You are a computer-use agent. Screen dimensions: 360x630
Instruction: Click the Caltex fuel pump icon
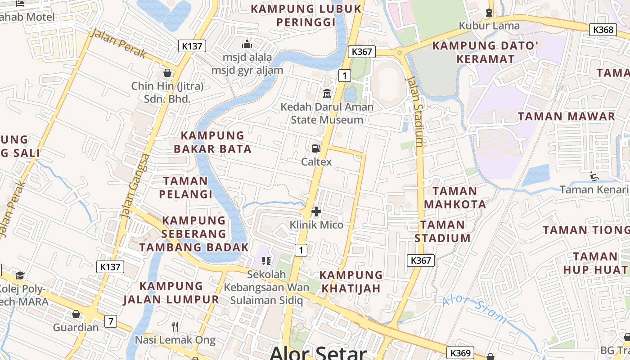(x=316, y=148)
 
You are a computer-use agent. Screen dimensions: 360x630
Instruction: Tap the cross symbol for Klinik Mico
(x=316, y=211)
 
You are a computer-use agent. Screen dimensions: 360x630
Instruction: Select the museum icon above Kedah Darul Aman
(x=327, y=94)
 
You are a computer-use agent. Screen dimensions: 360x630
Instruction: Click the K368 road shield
(x=603, y=30)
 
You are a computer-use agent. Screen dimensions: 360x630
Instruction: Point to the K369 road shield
(x=460, y=353)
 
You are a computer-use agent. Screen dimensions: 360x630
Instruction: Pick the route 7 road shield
(x=111, y=321)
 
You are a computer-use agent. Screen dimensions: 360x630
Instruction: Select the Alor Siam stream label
(x=474, y=310)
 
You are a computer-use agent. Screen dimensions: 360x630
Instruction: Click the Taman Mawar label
(x=566, y=117)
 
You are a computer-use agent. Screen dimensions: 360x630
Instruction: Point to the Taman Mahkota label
(x=455, y=198)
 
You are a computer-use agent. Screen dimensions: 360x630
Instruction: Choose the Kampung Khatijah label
(x=351, y=281)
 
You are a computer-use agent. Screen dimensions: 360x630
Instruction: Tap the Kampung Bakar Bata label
(x=212, y=142)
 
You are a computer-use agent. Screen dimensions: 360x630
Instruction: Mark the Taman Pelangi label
(x=186, y=188)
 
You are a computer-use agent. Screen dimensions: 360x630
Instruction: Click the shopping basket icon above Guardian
(x=76, y=314)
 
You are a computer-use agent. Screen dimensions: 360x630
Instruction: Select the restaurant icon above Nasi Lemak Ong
(x=175, y=326)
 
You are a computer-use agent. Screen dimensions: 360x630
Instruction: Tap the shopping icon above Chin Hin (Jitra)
(x=167, y=73)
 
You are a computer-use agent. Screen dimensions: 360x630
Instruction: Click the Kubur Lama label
(x=489, y=26)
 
